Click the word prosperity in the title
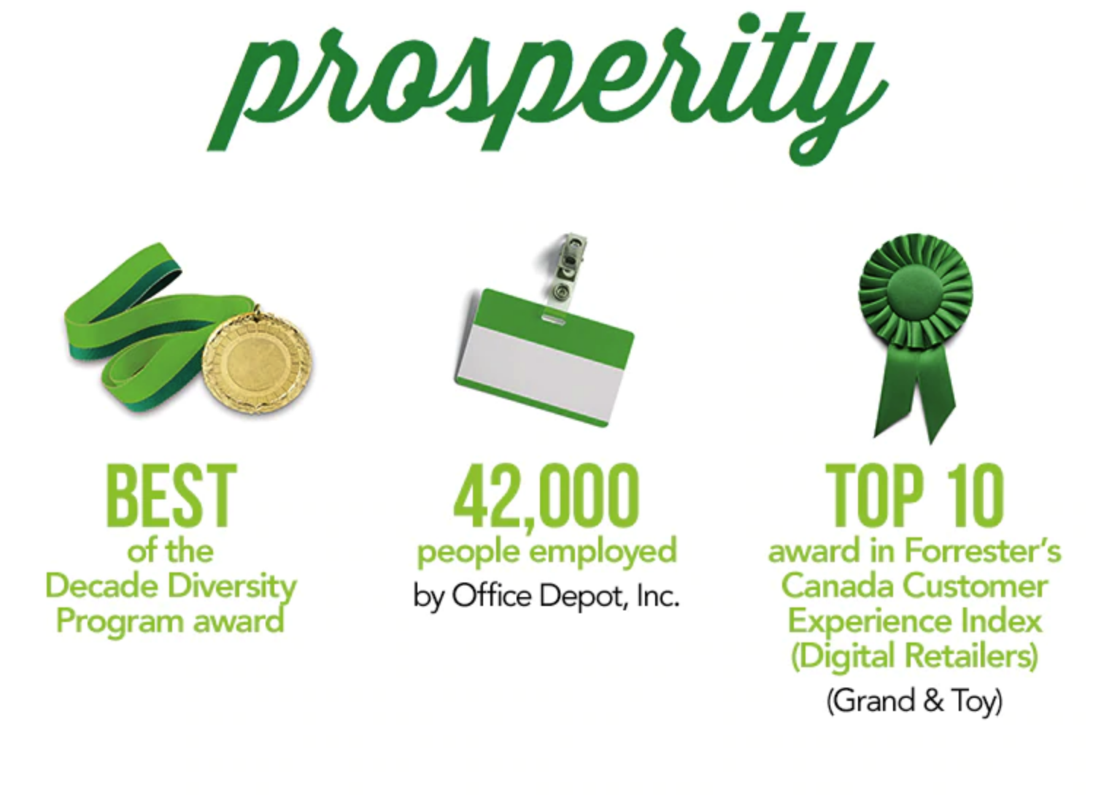pyautogui.click(x=546, y=88)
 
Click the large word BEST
pyautogui.click(x=171, y=496)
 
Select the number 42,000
pyautogui.click(x=546, y=496)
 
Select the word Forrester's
pyautogui.click(x=983, y=550)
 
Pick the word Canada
pyautogui.click(x=838, y=585)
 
